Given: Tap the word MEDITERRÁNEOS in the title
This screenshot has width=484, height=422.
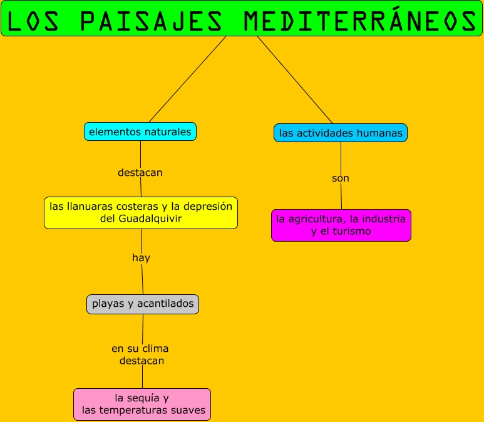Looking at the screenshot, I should [x=359, y=21].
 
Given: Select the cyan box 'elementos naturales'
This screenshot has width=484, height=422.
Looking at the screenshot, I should [x=140, y=131].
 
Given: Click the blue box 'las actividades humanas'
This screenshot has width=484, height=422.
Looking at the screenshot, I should [x=341, y=133].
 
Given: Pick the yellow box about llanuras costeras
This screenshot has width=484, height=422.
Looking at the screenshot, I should [x=141, y=212].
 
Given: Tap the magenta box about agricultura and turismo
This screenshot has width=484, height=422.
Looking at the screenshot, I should [x=341, y=225].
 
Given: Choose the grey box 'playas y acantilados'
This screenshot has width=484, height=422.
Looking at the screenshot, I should [x=143, y=304].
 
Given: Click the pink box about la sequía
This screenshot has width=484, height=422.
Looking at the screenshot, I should [x=142, y=404].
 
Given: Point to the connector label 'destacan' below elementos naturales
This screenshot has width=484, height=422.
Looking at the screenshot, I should [x=140, y=172].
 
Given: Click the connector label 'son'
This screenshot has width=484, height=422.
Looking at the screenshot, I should [x=341, y=178].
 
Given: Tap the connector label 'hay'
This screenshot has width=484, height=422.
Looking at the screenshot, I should [x=141, y=257].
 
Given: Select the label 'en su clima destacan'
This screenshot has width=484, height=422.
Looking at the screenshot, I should [x=140, y=354].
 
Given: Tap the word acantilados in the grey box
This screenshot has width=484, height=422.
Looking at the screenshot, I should [x=164, y=304].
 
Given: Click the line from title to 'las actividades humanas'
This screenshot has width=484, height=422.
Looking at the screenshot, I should [x=295, y=80].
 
